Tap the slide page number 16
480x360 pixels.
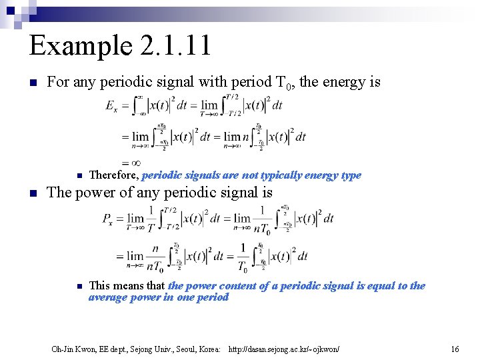coord(455,349)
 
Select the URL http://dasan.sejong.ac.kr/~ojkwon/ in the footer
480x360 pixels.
coord(284,349)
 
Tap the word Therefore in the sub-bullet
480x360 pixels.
coord(113,175)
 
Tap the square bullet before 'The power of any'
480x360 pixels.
coord(33,194)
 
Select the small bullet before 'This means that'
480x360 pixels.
coord(79,286)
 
